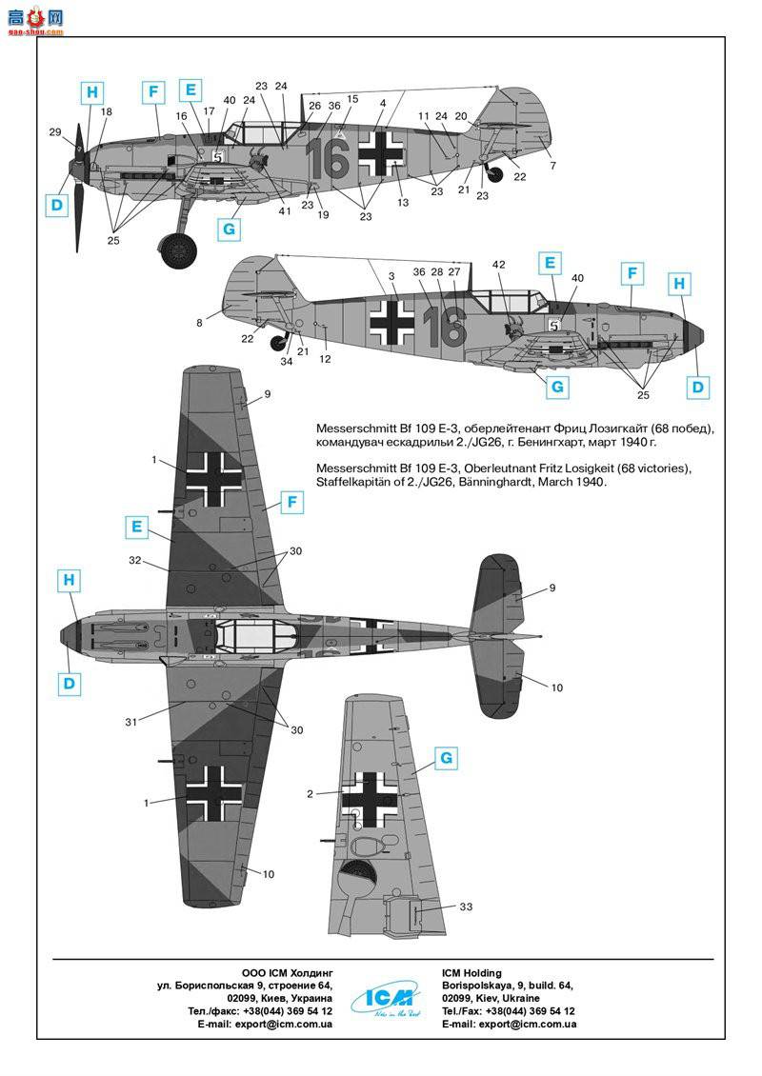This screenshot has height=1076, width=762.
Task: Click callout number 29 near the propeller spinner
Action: [55, 131]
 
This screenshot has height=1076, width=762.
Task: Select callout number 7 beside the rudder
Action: [552, 167]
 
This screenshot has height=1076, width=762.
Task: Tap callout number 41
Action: [285, 211]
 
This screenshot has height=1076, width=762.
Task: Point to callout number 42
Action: [499, 264]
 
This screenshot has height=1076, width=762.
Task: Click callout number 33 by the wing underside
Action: [465, 907]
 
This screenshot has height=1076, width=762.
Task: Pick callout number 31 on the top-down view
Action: [131, 722]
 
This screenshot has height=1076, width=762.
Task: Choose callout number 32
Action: [135, 561]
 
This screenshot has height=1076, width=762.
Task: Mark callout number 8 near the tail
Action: [200, 323]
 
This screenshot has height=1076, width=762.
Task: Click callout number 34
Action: [287, 361]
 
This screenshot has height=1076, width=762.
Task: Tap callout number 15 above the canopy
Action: [352, 99]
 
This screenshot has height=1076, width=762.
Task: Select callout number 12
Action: [326, 359]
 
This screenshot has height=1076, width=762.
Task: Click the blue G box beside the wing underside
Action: [445, 759]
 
